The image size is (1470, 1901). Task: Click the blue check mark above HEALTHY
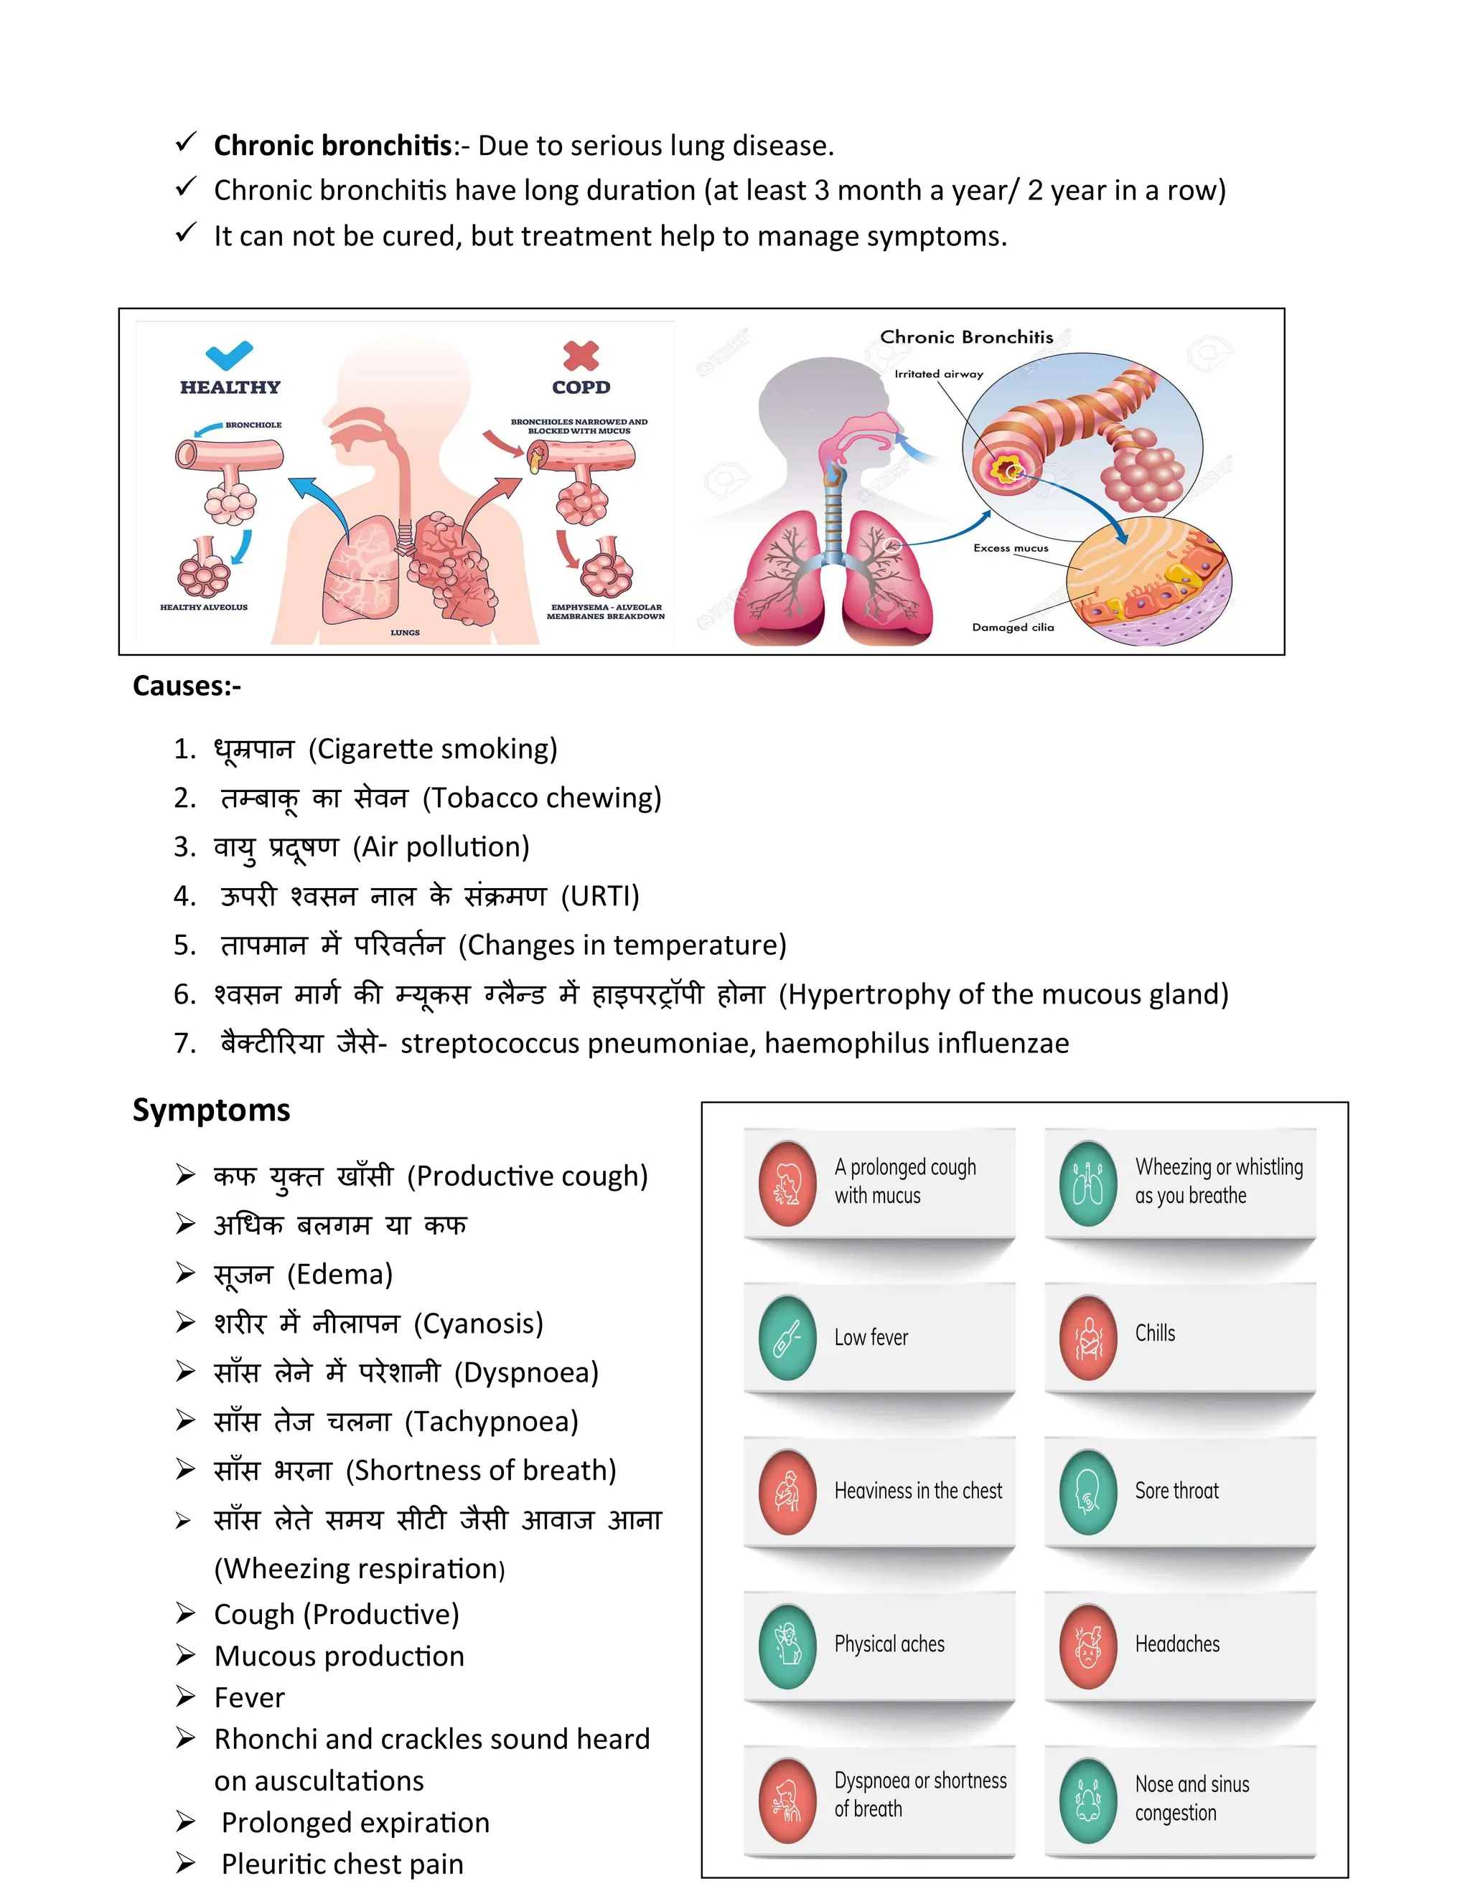(x=229, y=355)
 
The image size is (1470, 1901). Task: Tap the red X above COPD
(x=581, y=355)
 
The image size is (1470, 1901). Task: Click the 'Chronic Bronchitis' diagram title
(x=967, y=337)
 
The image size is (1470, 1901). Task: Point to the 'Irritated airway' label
(x=939, y=374)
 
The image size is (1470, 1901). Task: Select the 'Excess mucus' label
(x=1010, y=548)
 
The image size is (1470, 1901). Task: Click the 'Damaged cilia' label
(x=1013, y=627)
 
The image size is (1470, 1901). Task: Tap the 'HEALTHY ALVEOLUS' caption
(x=204, y=608)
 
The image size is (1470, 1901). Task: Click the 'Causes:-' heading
(x=187, y=687)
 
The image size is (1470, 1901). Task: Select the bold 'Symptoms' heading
(x=212, y=1110)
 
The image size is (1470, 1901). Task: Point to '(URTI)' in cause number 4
(x=600, y=896)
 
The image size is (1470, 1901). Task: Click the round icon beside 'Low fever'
(x=787, y=1338)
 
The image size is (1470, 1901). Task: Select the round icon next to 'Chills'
(x=1087, y=1338)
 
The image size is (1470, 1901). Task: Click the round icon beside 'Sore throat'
(x=1087, y=1492)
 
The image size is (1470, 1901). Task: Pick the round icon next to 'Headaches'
(x=1087, y=1646)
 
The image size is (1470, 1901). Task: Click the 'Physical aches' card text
(x=889, y=1644)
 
